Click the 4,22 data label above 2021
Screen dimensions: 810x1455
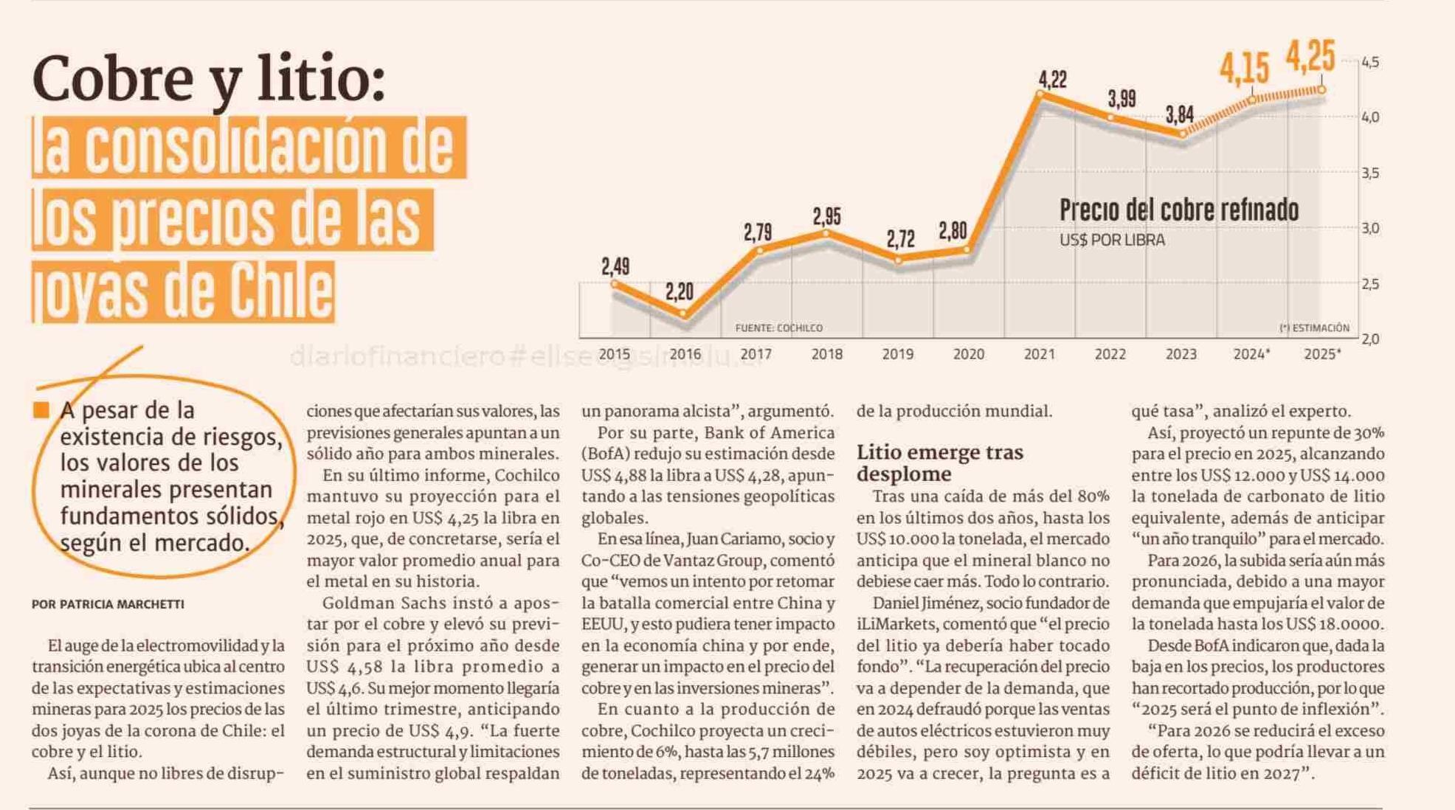pyautogui.click(x=1052, y=79)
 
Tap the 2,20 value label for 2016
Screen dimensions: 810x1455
pyautogui.click(x=679, y=292)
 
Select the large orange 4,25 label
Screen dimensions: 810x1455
pyautogui.click(x=1310, y=56)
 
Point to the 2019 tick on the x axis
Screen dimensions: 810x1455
pyautogui.click(x=897, y=354)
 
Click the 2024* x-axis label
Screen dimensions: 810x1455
pyautogui.click(x=1251, y=354)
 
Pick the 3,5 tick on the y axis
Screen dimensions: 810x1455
pyautogui.click(x=1370, y=173)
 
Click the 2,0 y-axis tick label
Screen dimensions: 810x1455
pyautogui.click(x=1370, y=339)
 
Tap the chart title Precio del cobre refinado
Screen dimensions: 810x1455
pyautogui.click(x=1178, y=210)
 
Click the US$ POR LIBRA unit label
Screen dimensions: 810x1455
pyautogui.click(x=1112, y=240)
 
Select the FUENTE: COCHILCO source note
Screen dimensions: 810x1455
pyautogui.click(x=778, y=328)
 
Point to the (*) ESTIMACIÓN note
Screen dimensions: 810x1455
pyautogui.click(x=1314, y=328)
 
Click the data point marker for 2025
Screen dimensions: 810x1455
pyautogui.click(x=1321, y=90)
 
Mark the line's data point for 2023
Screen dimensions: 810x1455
pyautogui.click(x=1182, y=134)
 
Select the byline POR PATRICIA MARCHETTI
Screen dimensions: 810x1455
pyautogui.click(x=108, y=604)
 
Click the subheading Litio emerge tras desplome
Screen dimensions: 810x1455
pyautogui.click(x=939, y=463)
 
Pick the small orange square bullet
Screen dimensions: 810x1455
pyautogui.click(x=41, y=410)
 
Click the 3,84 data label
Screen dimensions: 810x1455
pyautogui.click(x=1179, y=114)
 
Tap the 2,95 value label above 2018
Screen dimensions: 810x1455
pyautogui.click(x=826, y=216)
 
